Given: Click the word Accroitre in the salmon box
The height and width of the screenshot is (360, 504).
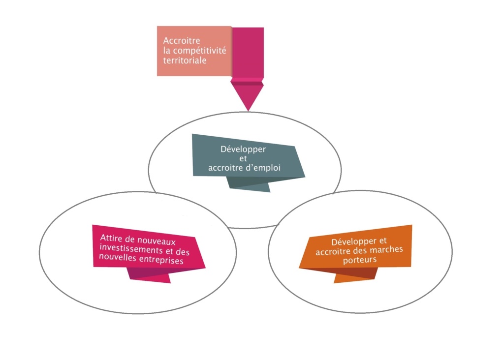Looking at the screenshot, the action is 182,40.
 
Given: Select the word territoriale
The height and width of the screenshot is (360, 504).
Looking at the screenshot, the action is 185,60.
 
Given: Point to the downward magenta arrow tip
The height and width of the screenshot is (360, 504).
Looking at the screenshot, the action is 248,110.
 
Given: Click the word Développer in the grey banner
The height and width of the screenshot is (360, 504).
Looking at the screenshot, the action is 243,150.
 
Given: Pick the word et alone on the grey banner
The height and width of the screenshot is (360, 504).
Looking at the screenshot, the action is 243,159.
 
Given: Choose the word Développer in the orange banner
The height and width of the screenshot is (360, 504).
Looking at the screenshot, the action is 354,241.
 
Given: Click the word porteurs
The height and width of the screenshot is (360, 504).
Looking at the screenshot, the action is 360,260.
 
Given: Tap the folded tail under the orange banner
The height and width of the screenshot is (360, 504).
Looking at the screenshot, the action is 356,275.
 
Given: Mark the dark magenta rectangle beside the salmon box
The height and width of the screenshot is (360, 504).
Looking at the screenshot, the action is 248,53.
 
